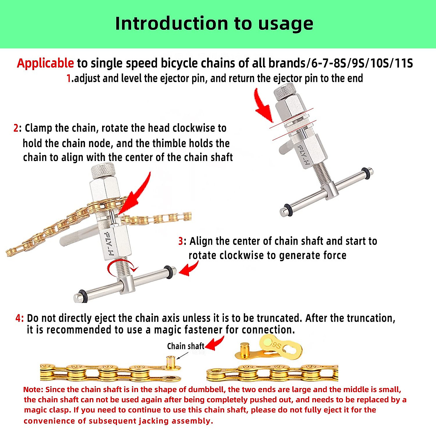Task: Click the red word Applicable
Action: tap(45, 63)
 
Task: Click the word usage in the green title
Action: tap(286, 24)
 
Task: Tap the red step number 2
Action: tap(16, 128)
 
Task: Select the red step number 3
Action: tap(181, 241)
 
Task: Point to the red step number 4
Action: tap(19, 318)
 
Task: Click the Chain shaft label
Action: tap(185, 346)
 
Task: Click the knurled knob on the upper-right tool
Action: tap(284, 92)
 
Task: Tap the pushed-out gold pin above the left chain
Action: tap(170, 362)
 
